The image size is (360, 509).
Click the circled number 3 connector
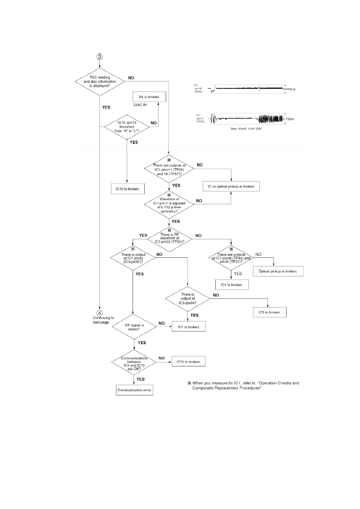[100, 57]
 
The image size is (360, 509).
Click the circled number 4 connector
[100, 313]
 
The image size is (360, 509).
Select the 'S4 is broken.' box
[149, 97]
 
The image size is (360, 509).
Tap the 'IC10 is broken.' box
[128, 189]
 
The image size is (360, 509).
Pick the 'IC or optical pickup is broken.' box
[231, 186]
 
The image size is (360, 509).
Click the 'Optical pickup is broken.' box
[278, 271]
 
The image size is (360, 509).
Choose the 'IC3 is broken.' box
[270, 312]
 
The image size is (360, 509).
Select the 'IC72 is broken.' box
[188, 361]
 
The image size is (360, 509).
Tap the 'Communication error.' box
[134, 390]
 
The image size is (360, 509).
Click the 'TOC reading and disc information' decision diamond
[100, 81]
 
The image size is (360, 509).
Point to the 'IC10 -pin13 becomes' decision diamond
[127, 127]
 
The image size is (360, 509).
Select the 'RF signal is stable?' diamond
[134, 327]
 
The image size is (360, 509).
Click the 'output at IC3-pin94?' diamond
[188, 299]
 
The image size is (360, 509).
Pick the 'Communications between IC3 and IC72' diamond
[134, 363]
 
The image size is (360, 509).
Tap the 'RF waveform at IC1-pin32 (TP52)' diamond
[169, 238]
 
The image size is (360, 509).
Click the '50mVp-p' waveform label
[289, 89]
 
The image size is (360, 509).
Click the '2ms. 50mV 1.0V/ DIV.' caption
[246, 129]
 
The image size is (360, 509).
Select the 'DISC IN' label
[140, 105]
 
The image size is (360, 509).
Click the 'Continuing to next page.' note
[103, 320]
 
